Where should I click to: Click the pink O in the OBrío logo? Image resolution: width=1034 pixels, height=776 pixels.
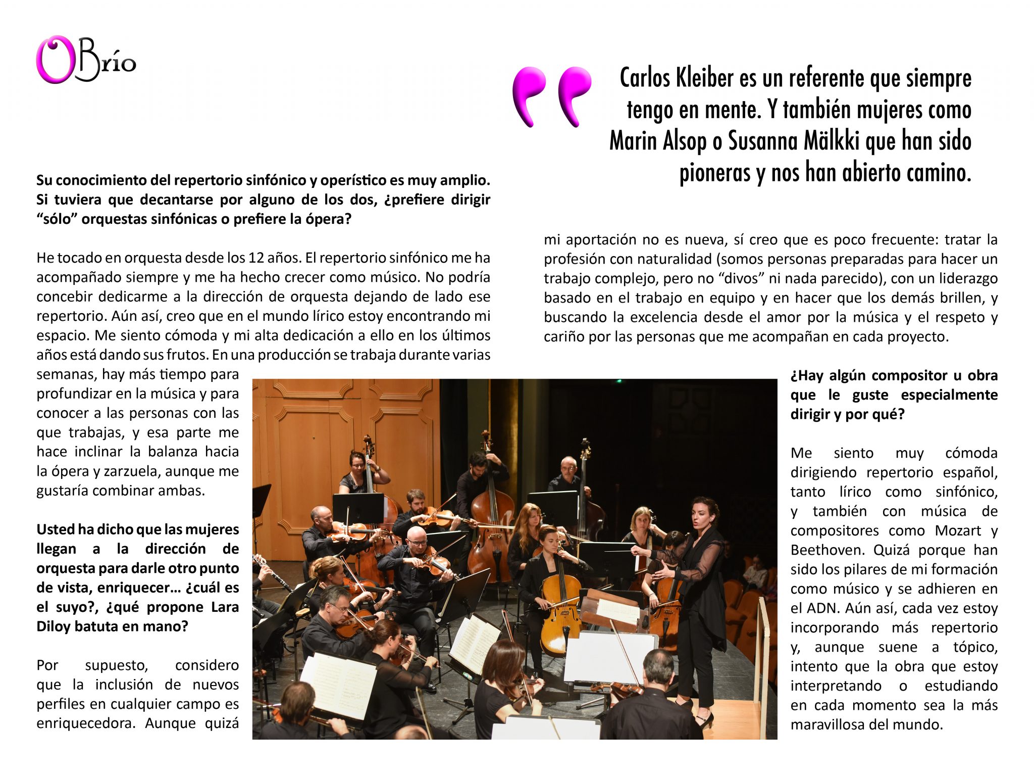click(55, 60)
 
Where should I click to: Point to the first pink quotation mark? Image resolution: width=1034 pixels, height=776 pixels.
click(529, 95)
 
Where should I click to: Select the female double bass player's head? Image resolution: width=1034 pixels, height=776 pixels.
click(357, 461)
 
